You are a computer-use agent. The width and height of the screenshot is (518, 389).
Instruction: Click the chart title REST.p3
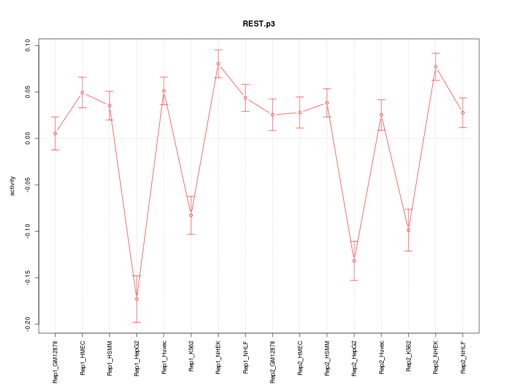pyautogui.click(x=259, y=24)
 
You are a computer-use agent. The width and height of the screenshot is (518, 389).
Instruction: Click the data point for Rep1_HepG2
pyautogui.click(x=137, y=299)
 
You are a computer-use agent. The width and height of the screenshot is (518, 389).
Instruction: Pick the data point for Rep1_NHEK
pyautogui.click(x=218, y=64)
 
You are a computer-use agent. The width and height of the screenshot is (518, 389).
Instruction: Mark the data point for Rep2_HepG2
pyautogui.click(x=354, y=261)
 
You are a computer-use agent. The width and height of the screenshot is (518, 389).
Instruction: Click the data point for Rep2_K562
pyautogui.click(x=408, y=230)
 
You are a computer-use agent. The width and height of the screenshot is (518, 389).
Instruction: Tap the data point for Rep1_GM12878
pyautogui.click(x=55, y=133)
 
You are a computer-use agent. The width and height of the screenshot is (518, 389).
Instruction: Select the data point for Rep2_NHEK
pyautogui.click(x=435, y=66)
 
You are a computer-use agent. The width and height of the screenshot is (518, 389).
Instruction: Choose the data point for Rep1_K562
pyautogui.click(x=191, y=216)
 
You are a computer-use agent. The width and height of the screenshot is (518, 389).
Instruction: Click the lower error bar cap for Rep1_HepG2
pyautogui.click(x=137, y=322)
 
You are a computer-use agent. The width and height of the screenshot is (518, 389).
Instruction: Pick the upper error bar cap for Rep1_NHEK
pyautogui.click(x=218, y=50)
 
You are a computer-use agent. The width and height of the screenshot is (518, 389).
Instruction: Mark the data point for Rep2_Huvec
pyautogui.click(x=381, y=115)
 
